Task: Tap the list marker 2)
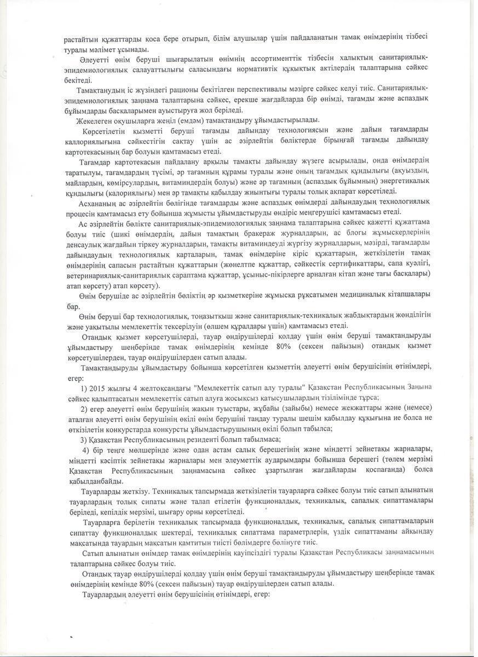click(84, 408)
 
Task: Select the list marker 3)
click(84, 439)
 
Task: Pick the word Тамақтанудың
click(102, 89)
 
